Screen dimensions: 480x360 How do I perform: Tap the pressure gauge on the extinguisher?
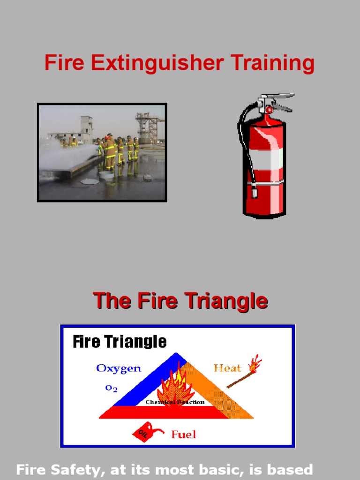(x=269, y=109)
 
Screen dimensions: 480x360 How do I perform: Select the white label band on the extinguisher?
(x=265, y=160)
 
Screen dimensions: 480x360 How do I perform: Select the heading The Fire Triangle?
(x=180, y=300)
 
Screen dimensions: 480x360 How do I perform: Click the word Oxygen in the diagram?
(x=119, y=368)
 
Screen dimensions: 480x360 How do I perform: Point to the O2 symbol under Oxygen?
(x=111, y=388)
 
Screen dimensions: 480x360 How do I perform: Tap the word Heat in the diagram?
(x=227, y=368)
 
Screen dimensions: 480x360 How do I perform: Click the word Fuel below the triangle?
(x=183, y=435)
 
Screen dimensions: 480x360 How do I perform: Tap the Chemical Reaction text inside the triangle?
(x=175, y=402)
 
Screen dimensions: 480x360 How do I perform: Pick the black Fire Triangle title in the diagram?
(x=120, y=341)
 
